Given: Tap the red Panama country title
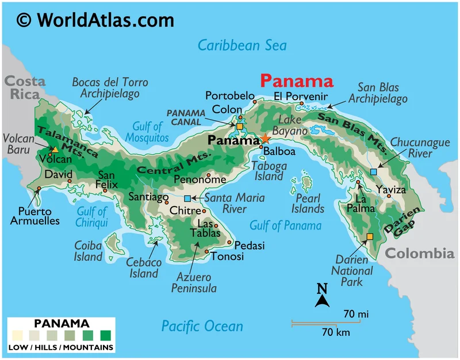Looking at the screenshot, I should pos(296,81).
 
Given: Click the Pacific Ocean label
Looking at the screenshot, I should pos(202,326).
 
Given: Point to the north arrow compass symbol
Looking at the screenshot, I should pos(323,295).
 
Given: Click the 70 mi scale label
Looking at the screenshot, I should pos(356,314).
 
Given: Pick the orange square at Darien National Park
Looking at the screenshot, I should pos(370,236).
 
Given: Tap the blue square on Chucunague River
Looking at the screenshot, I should pos(374,171).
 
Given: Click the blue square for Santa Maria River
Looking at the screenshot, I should pos(187,198).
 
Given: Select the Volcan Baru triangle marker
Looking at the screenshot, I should pos(55,149).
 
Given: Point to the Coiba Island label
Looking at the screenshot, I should pos(88,251).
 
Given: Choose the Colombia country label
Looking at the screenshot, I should pos(419,253).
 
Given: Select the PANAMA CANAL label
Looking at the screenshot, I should pos(185,117).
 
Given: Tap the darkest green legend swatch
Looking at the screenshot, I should pos(106,335).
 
